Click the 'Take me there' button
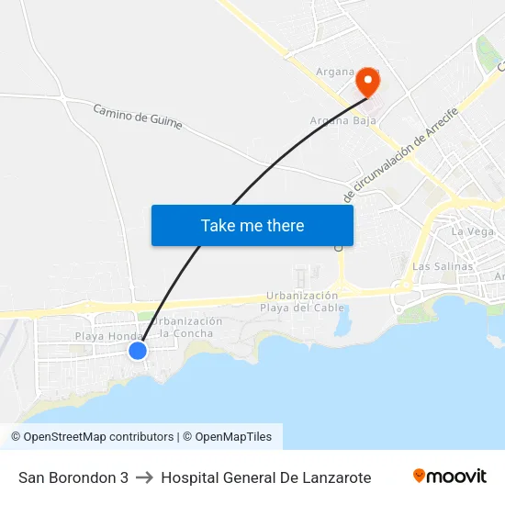pos(252,225)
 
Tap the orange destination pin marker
pos(367,81)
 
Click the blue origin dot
pos(138,350)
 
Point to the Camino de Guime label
pos(138,117)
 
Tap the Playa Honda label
pos(104,337)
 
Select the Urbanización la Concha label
pos(186,327)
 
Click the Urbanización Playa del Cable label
pos(302,301)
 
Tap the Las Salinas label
pos(443,266)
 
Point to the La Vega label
pos(473,231)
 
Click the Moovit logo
pos(450,477)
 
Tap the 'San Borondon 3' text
pos(73,477)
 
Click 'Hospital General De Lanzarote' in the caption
pos(266,477)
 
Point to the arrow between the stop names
pos(144,477)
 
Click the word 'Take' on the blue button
pos(218,225)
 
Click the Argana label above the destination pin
pos(336,72)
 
